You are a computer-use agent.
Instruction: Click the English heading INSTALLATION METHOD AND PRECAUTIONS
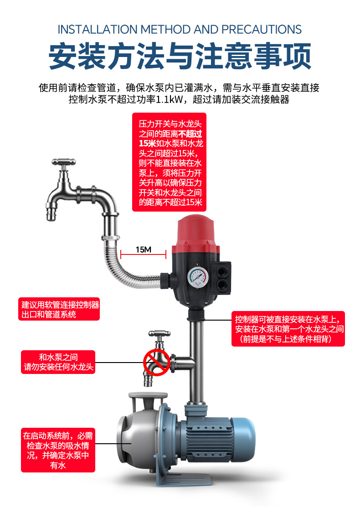coord(180,30)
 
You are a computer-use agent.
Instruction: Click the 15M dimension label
coord(143,249)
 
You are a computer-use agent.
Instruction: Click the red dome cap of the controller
coord(197,231)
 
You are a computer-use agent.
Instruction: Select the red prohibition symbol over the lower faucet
coord(157,363)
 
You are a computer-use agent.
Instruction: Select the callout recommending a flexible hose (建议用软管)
coord(60,309)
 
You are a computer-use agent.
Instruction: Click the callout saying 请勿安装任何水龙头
coord(58,362)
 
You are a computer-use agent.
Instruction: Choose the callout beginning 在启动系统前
coord(58,450)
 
